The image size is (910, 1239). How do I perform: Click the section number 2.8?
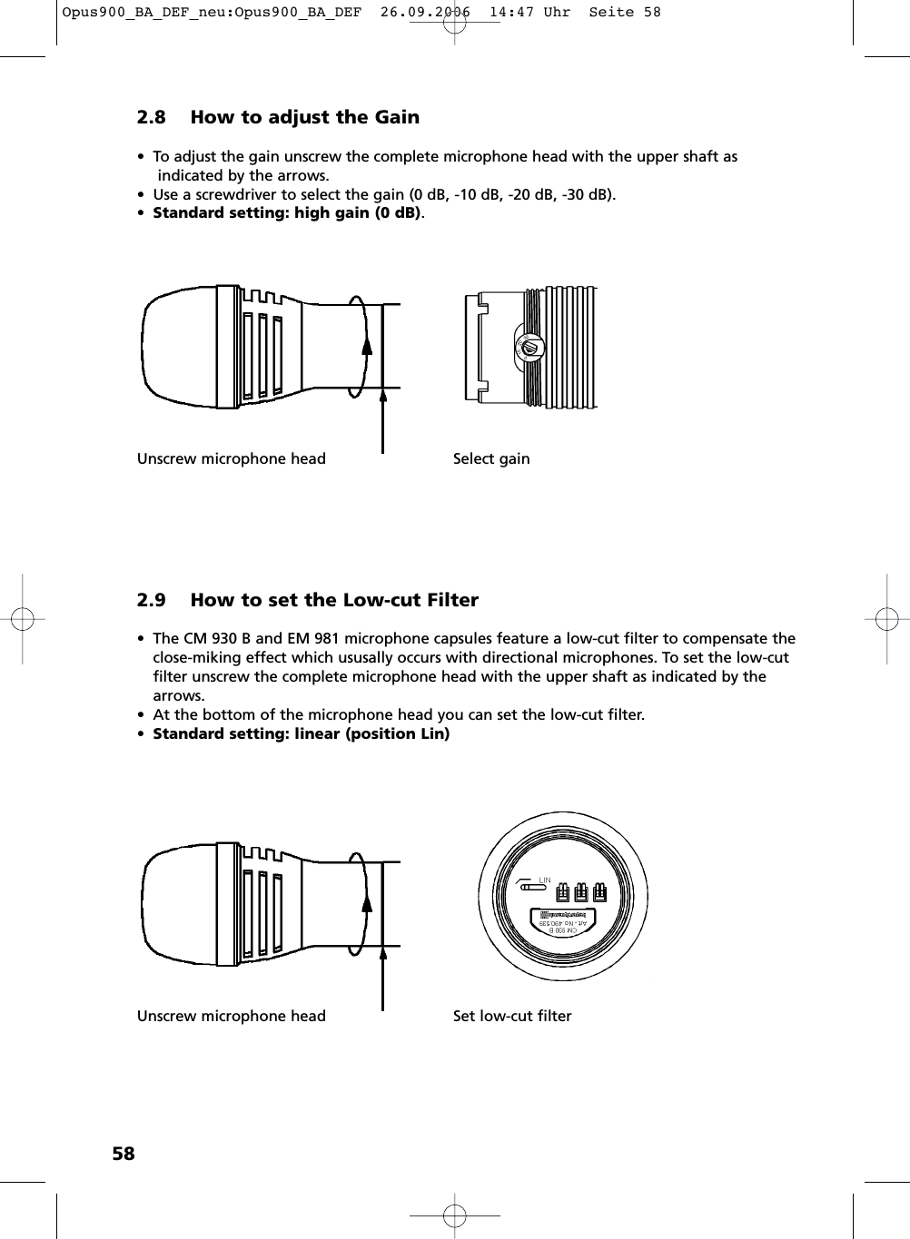click(152, 117)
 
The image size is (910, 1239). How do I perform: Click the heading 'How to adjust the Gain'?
click(304, 117)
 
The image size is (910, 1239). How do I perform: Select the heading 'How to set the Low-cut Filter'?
click(333, 600)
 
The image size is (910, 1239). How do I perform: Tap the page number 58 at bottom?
click(123, 1154)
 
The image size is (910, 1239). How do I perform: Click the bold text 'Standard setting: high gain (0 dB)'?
click(286, 212)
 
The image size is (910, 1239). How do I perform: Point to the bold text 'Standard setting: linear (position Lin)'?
click(301, 733)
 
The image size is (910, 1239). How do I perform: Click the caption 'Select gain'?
click(491, 458)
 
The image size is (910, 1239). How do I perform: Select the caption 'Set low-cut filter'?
click(512, 1016)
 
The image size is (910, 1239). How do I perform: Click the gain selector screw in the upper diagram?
click(531, 348)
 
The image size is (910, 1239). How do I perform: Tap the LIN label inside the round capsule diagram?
click(545, 880)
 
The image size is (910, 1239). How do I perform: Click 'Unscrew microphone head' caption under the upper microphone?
click(231, 458)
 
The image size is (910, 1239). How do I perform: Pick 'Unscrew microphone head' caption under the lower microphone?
click(231, 1016)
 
